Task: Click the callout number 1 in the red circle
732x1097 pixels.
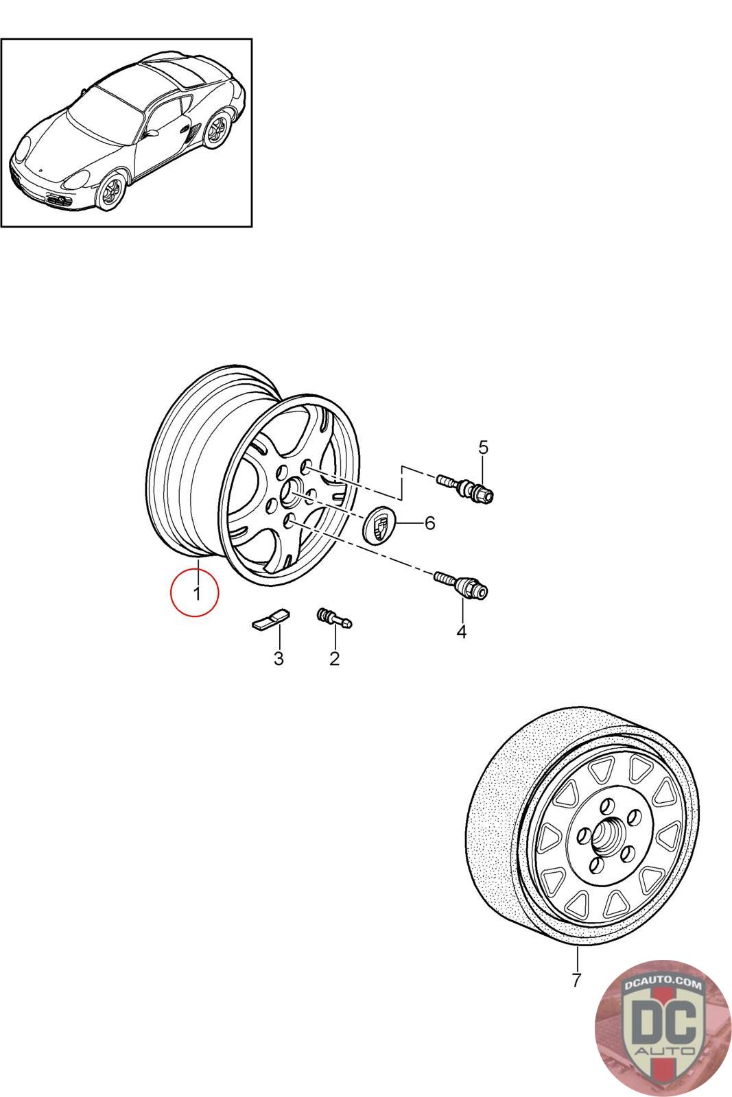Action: (x=196, y=592)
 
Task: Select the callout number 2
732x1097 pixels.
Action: (x=334, y=658)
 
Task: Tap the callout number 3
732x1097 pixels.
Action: (x=279, y=659)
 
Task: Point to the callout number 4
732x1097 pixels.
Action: (x=461, y=631)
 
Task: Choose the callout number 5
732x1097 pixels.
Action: (x=483, y=448)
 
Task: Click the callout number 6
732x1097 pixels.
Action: (x=429, y=523)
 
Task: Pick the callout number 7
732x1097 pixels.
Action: (x=576, y=980)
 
